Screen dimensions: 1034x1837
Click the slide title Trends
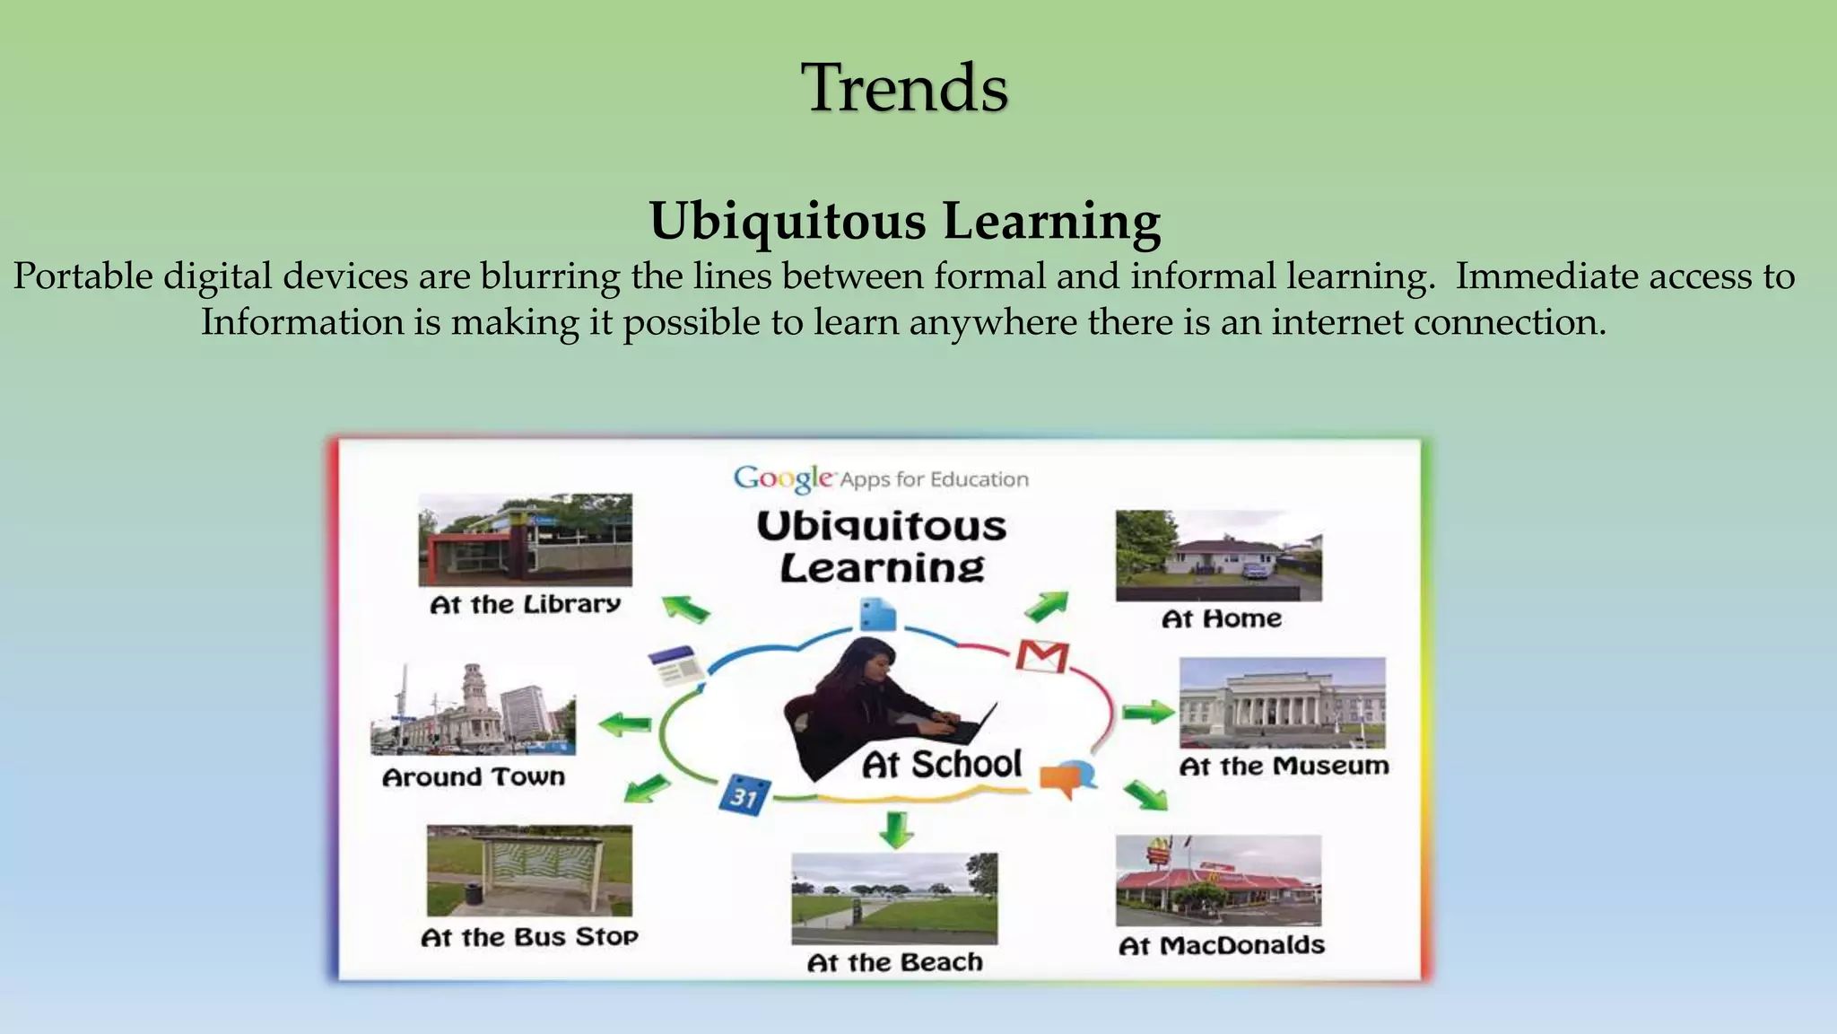[904, 87]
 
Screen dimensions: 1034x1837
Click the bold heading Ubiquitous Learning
[904, 221]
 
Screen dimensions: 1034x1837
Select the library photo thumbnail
[525, 539]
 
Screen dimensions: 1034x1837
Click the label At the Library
[525, 604]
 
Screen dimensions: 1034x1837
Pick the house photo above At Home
[1218, 556]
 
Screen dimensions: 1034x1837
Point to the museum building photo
[1282, 703]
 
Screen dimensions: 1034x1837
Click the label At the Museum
[1284, 766]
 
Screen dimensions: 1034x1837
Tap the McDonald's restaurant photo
[1218, 881]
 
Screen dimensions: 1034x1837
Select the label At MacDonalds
[1221, 945]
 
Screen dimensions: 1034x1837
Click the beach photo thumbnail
[893, 898]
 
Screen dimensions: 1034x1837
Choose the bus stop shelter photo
[529, 871]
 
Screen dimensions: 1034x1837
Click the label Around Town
[474, 776]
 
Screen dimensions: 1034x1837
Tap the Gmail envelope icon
[1042, 656]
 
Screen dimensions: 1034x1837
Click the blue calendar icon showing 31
[744, 795]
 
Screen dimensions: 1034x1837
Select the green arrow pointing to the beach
[895, 829]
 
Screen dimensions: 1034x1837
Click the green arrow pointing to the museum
[1147, 713]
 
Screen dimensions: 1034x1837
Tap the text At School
[941, 765]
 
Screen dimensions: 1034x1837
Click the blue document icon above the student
[876, 615]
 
